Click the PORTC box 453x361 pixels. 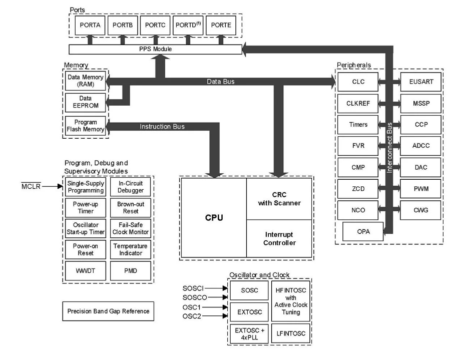coord(156,26)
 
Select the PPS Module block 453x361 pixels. coord(156,49)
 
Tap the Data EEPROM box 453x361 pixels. coord(86,102)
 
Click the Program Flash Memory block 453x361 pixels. coord(86,126)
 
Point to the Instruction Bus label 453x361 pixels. coord(162,127)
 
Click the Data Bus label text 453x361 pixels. coord(221,82)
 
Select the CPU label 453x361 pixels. coord(214,218)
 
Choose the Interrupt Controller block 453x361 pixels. coord(279,238)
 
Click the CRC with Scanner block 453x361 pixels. coord(279,199)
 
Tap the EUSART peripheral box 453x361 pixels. coord(420,82)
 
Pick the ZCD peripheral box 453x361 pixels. coord(358,189)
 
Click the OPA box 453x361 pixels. coord(363,231)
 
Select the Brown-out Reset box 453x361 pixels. coord(131,207)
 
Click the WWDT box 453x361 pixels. coord(86,271)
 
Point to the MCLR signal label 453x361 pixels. coord(31,186)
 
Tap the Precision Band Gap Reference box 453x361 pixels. coord(108,311)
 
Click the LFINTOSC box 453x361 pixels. coord(291,333)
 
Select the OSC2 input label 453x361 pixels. coord(192,316)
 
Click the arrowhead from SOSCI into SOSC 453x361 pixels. coord(225,288)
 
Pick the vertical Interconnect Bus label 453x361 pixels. coord(389,148)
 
